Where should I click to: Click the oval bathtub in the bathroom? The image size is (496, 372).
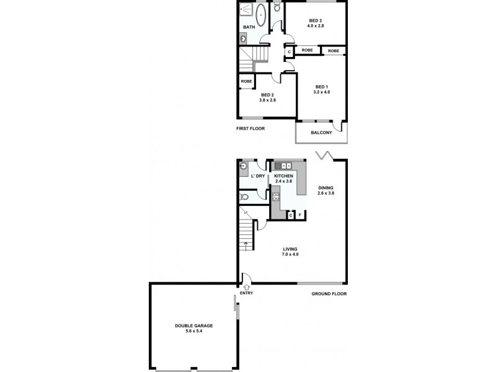(261, 15)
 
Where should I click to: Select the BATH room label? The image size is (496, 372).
(249, 27)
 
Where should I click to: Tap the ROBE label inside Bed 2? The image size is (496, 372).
(246, 81)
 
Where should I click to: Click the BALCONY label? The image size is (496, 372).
(322, 133)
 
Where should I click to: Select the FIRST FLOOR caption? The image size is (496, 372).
(250, 129)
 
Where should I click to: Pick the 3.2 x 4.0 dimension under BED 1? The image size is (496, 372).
(321, 92)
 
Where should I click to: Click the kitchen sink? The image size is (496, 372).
(286, 166)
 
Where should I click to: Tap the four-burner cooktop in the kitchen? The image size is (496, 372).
(275, 198)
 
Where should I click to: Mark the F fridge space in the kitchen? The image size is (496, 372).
(300, 215)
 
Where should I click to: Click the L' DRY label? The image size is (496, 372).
(258, 177)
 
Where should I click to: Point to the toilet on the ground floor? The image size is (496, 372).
(244, 197)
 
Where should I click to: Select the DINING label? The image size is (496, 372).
(326, 187)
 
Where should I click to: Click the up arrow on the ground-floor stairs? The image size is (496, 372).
(247, 244)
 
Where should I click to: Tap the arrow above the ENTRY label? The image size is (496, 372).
(246, 286)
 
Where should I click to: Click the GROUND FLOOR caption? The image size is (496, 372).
(329, 294)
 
